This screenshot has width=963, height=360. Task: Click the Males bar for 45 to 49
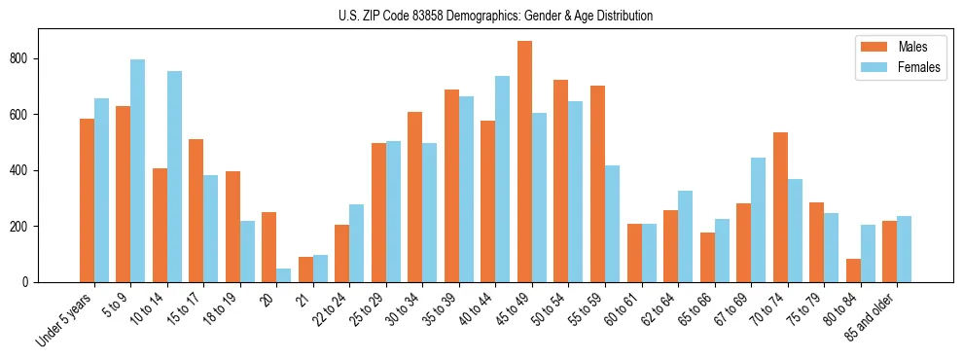[524, 162]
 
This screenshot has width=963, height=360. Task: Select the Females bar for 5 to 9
[138, 171]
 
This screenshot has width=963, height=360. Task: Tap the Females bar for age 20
[284, 275]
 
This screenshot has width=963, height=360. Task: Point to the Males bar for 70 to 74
[780, 207]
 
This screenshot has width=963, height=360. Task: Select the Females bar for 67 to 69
[759, 220]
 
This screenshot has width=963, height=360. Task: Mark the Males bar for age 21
[305, 270]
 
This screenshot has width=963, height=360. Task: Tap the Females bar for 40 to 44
[503, 179]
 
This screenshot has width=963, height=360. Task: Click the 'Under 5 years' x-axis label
[66, 320]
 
